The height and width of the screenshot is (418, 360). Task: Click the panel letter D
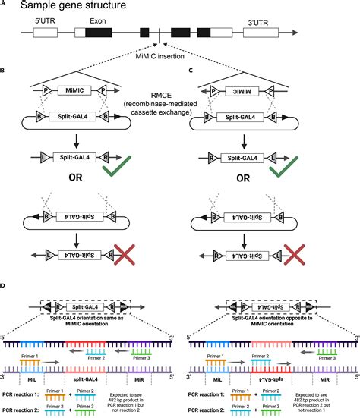3,286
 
